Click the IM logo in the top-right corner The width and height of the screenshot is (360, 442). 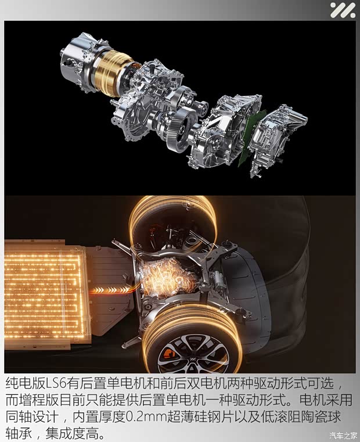[x=343, y=10]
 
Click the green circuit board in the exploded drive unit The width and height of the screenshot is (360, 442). [x=252, y=138]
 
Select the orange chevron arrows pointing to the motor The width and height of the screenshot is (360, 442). [x=111, y=290]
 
